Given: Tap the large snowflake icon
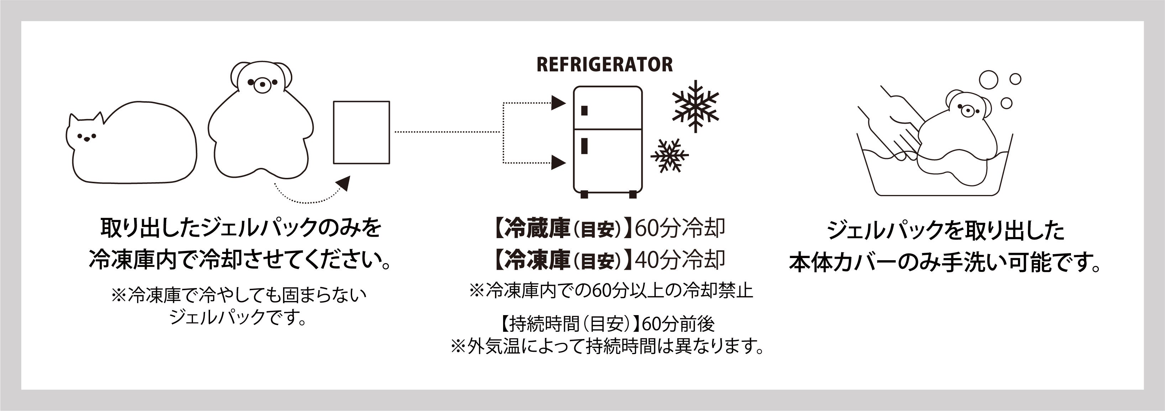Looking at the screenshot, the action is pyautogui.click(x=695, y=106).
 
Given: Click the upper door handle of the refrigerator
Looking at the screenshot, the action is pyautogui.click(x=584, y=111).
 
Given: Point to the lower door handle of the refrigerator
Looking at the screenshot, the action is pyautogui.click(x=584, y=146).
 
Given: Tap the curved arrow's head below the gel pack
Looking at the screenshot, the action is pyautogui.click(x=344, y=183).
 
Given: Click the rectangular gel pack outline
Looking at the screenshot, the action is pyautogui.click(x=361, y=132).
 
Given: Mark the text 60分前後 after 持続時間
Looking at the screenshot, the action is pyautogui.click(x=678, y=324).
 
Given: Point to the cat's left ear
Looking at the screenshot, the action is pyautogui.click(x=73, y=121).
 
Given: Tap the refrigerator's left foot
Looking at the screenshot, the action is pyautogui.click(x=584, y=195).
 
